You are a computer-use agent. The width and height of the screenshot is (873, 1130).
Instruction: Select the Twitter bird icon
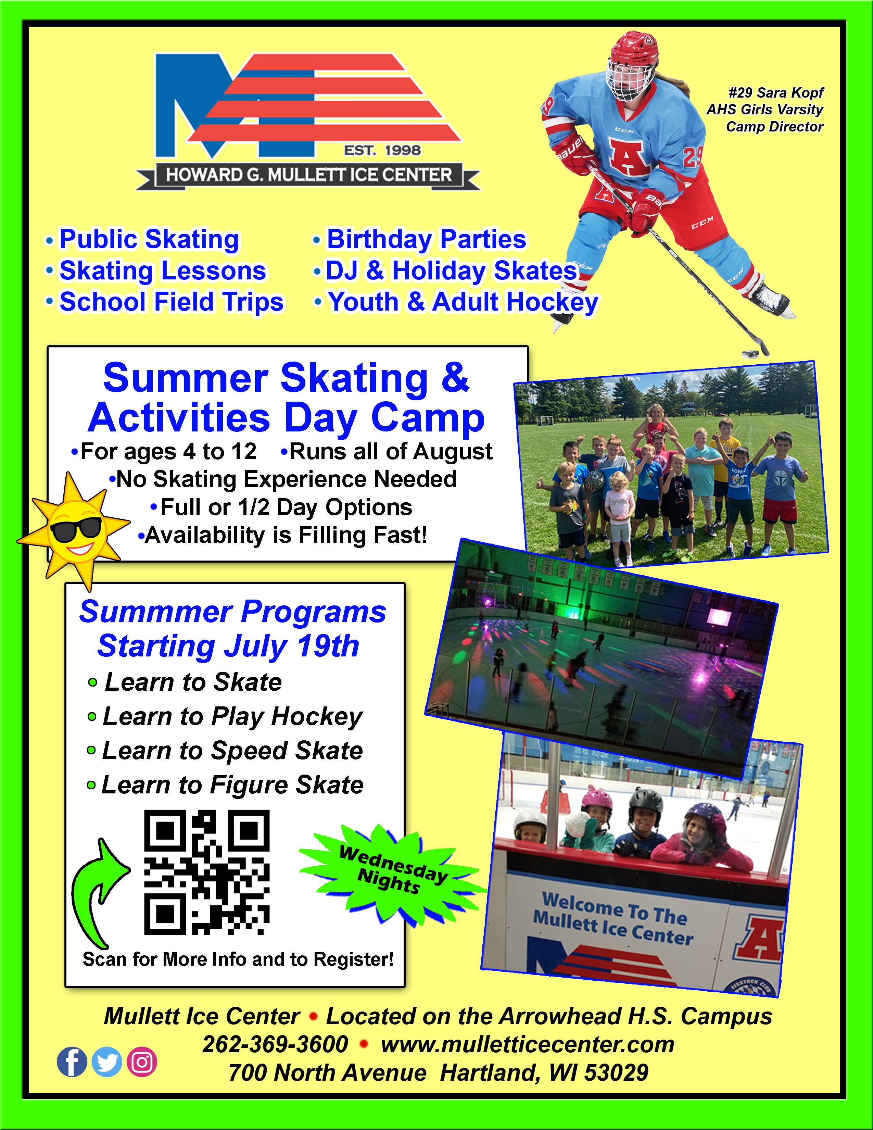(106, 1062)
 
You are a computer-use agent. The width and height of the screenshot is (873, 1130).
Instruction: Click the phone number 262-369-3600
(275, 1044)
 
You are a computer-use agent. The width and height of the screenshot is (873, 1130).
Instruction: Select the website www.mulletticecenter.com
(528, 1044)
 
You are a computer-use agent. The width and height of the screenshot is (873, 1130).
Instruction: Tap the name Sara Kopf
(790, 92)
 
